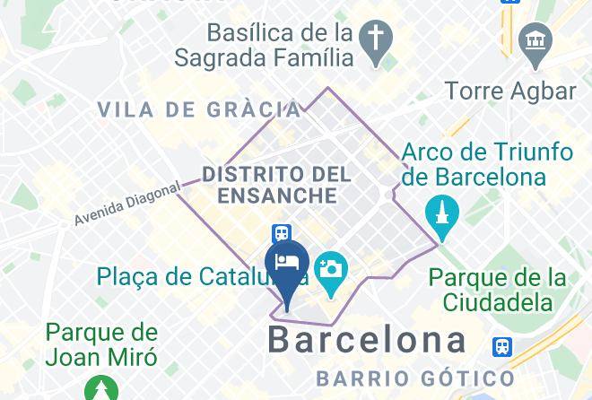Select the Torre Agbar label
pyautogui.click(x=509, y=91)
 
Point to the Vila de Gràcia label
pyautogui.click(x=198, y=110)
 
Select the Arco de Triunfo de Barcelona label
pyautogui.click(x=487, y=164)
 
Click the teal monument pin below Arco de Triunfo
pyautogui.click(x=443, y=214)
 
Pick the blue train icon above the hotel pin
pyautogui.click(x=282, y=233)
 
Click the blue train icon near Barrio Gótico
pyautogui.click(x=502, y=346)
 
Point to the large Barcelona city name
pyautogui.click(x=368, y=340)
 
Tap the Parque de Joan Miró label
pyautogui.click(x=101, y=345)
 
